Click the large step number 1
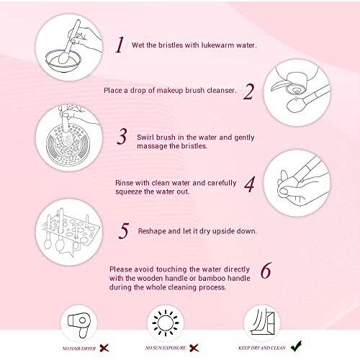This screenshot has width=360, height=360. pyautogui.click(x=120, y=45)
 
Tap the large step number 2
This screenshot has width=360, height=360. pyautogui.click(x=248, y=91)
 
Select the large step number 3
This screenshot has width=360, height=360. pyautogui.click(x=122, y=136)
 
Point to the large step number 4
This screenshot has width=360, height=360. pyautogui.click(x=250, y=184)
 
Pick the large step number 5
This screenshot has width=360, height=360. pyautogui.click(x=124, y=230)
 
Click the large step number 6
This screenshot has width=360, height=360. pyautogui.click(x=266, y=270)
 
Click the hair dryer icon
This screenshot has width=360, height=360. pyautogui.click(x=79, y=325)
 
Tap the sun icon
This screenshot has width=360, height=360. pyautogui.click(x=166, y=323)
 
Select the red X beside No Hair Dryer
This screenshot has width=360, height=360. pyautogui.click(x=104, y=348)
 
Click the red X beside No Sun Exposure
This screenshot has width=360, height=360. pyautogui.click(x=194, y=348)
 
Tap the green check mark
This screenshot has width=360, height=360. pyautogui.click(x=297, y=346)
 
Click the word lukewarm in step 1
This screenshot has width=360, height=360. pyautogui.click(x=217, y=45)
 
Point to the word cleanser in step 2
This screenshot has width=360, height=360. pyautogui.click(x=222, y=90)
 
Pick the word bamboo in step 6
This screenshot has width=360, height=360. pyautogui.click(x=212, y=278)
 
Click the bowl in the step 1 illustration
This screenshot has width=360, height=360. pyautogui.click(x=63, y=60)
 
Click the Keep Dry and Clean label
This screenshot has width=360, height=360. pyautogui.click(x=262, y=348)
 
